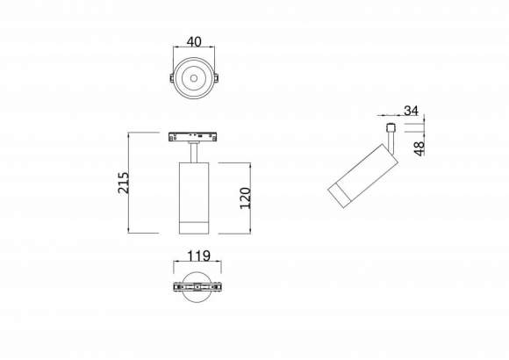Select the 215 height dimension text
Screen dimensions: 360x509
click(124, 183)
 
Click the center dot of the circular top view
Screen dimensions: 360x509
click(192, 80)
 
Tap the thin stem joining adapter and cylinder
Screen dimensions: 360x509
click(191, 153)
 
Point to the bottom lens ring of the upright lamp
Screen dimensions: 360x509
click(191, 228)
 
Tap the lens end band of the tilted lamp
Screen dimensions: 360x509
click(340, 198)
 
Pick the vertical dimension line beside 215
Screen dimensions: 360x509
click(130, 183)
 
